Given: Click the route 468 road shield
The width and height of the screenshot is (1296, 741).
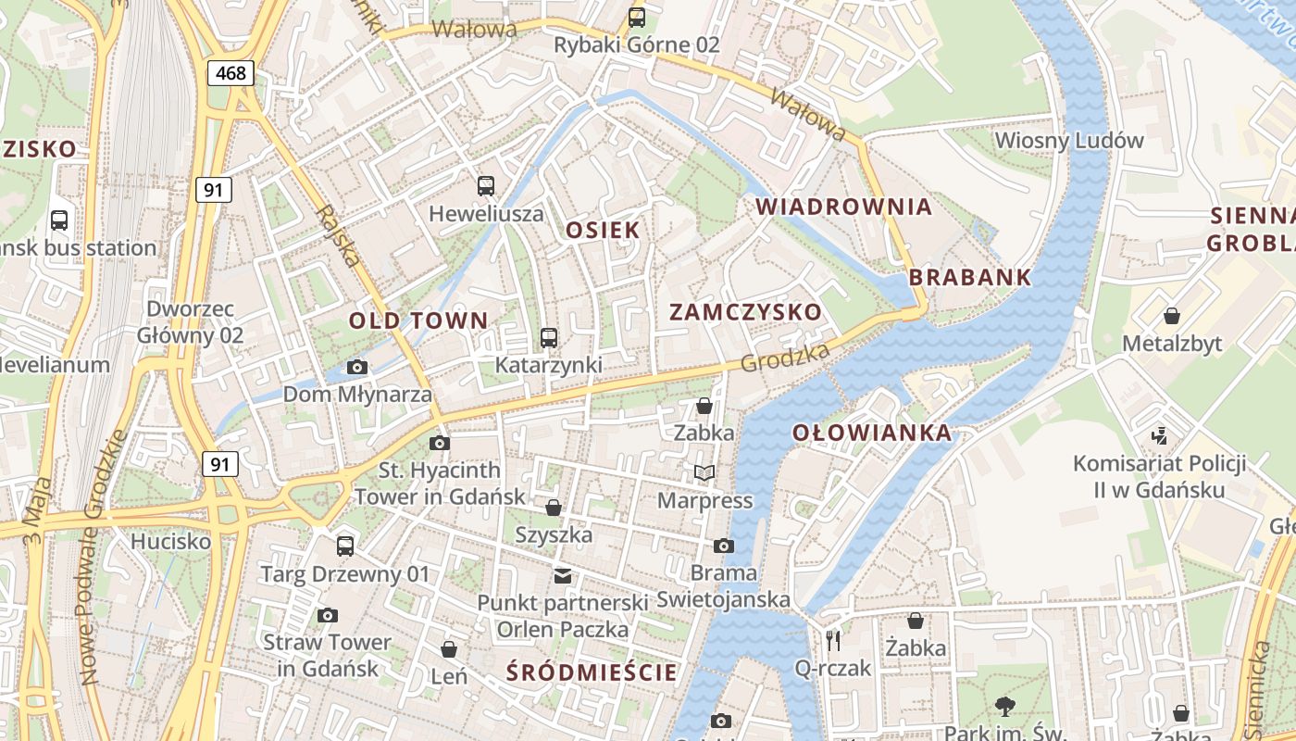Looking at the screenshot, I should point(231,73).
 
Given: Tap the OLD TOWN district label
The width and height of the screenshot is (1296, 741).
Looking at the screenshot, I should point(417,321).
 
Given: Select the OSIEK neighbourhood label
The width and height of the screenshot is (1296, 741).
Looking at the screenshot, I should point(603,230).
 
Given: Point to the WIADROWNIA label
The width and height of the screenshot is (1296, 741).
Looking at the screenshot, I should point(843,207).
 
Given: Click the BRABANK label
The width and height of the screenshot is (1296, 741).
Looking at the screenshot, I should point(969,277).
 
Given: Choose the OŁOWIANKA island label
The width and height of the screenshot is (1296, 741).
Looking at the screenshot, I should point(871,433).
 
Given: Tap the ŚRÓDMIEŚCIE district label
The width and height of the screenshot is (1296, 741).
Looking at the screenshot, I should point(592,672).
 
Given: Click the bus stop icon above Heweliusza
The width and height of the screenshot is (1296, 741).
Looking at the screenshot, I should point(486,186).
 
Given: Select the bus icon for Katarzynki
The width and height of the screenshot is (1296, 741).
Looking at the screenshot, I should point(549,338).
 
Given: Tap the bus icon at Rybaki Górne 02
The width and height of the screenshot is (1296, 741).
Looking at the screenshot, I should point(636,17).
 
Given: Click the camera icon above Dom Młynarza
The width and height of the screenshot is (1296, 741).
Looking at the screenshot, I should point(357,368).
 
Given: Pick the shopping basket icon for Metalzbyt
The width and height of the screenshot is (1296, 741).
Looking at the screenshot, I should point(1172,316).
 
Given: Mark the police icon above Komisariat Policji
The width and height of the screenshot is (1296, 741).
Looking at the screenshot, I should point(1158,435).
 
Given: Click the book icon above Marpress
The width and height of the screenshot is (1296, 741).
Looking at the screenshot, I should point(704,473).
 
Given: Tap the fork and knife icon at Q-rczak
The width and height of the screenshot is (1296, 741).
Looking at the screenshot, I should point(833,640).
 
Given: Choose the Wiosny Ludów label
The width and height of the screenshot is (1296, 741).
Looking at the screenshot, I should point(1069,141).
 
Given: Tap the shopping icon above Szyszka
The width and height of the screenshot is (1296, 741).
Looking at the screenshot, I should point(554,508).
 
